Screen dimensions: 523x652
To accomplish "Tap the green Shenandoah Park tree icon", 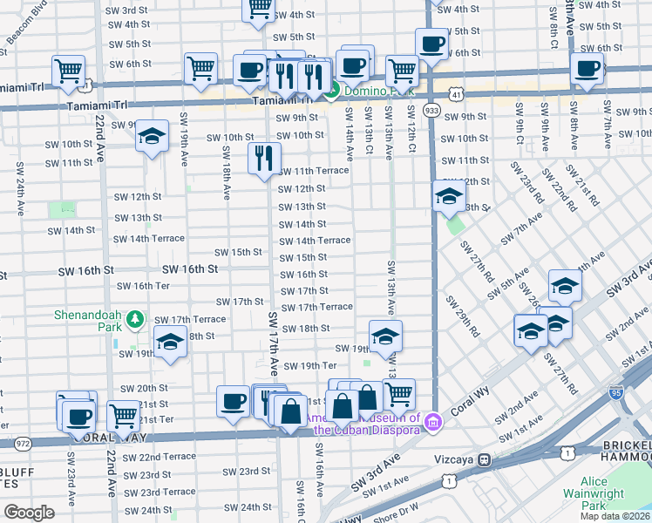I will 135,320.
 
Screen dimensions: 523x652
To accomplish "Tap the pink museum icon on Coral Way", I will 433,424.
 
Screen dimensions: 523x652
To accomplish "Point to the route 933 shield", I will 431,111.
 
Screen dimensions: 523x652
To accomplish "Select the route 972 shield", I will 23,444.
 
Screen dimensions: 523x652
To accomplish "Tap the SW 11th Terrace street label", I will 313,171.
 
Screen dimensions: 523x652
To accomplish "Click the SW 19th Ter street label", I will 309,366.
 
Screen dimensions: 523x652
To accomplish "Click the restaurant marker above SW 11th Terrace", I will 263,159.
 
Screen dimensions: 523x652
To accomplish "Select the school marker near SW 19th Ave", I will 152,136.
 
